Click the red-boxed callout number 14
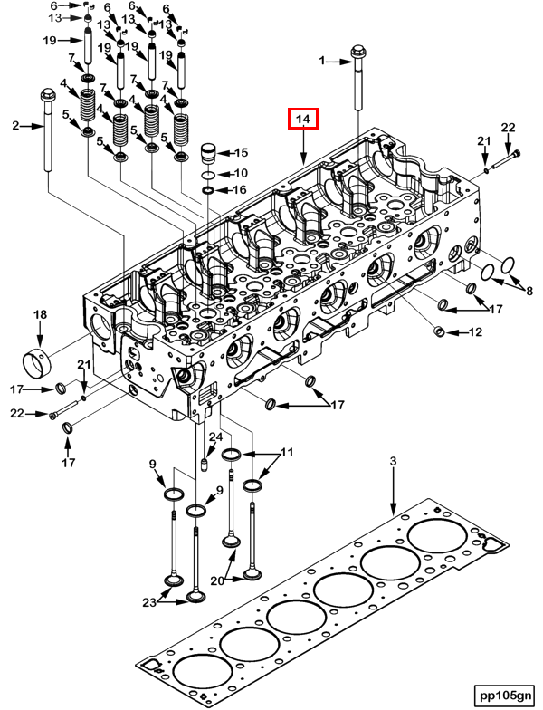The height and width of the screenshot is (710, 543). [x=303, y=120]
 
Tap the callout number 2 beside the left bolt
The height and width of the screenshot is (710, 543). [x=15, y=126]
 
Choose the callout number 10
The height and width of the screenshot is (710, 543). [x=240, y=172]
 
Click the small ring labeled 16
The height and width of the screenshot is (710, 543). [x=208, y=190]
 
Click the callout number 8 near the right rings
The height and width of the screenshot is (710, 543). [x=529, y=291]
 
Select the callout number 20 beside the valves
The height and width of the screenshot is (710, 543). [x=216, y=580]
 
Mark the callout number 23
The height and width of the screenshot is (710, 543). [x=148, y=601]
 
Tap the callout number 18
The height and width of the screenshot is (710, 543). [x=40, y=314]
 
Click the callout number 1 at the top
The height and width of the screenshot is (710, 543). [x=320, y=61]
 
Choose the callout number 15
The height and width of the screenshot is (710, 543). [x=241, y=152]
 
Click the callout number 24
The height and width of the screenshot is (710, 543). [x=215, y=437]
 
